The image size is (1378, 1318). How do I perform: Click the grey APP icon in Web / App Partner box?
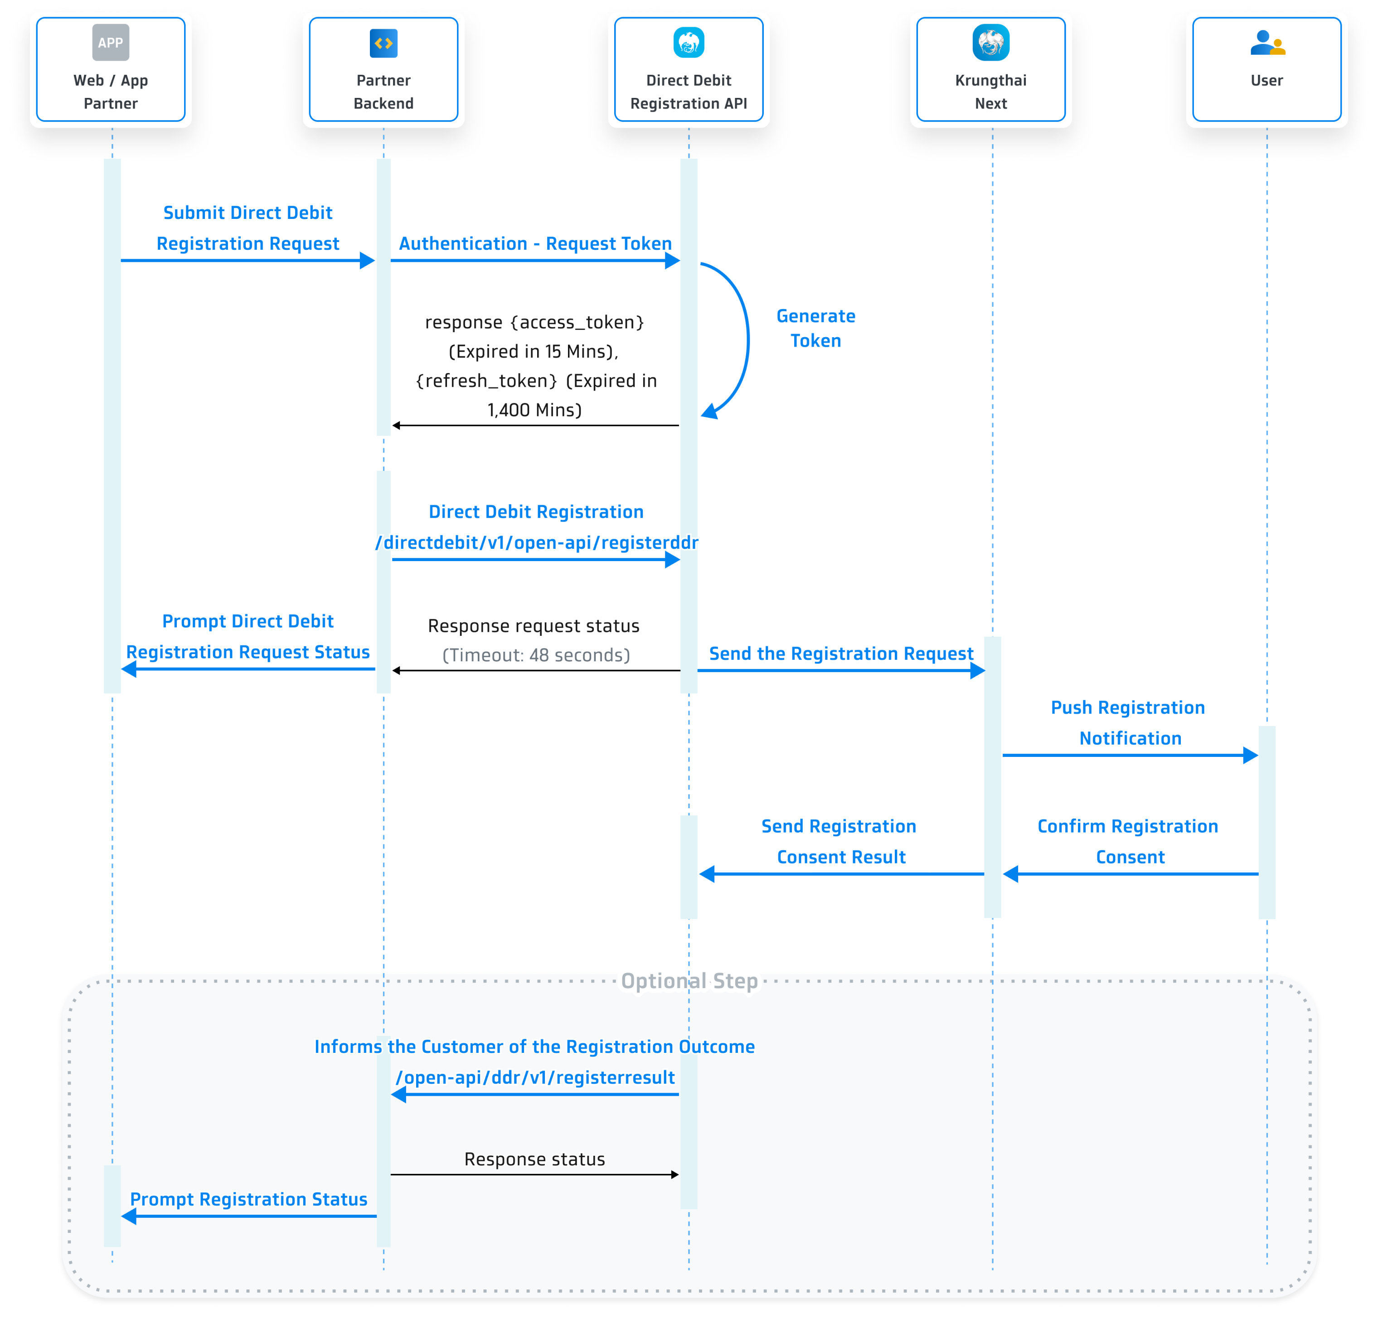pos(110,43)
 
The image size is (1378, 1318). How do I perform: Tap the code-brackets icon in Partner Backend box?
pos(383,44)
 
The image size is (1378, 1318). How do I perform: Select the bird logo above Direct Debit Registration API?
pos(688,43)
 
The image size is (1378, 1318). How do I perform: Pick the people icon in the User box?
pos(1267,44)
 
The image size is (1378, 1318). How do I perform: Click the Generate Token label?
pos(815,328)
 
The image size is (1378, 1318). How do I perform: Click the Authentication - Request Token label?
pos(535,244)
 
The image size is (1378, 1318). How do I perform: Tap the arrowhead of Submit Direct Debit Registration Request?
pos(367,261)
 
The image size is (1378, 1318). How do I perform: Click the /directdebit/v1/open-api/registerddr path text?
pos(536,543)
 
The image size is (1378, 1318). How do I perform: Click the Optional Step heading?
pos(689,981)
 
